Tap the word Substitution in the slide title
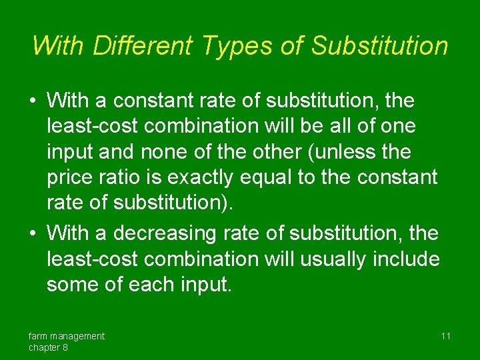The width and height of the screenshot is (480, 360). click(379, 46)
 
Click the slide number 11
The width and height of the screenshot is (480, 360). click(445, 336)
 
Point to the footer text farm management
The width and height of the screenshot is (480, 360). click(66, 336)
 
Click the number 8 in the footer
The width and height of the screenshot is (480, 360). click(65, 348)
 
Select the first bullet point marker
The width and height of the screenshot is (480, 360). click(33, 102)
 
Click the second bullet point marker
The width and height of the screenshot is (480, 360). click(33, 234)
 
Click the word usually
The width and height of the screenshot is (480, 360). click(326, 259)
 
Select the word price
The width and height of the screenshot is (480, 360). click(72, 177)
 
